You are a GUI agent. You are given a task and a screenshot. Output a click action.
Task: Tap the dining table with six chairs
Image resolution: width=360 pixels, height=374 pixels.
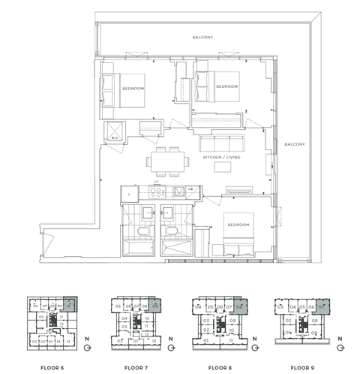tap(166, 159)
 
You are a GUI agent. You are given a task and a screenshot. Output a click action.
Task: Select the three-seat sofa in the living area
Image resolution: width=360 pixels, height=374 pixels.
tap(219, 143)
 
